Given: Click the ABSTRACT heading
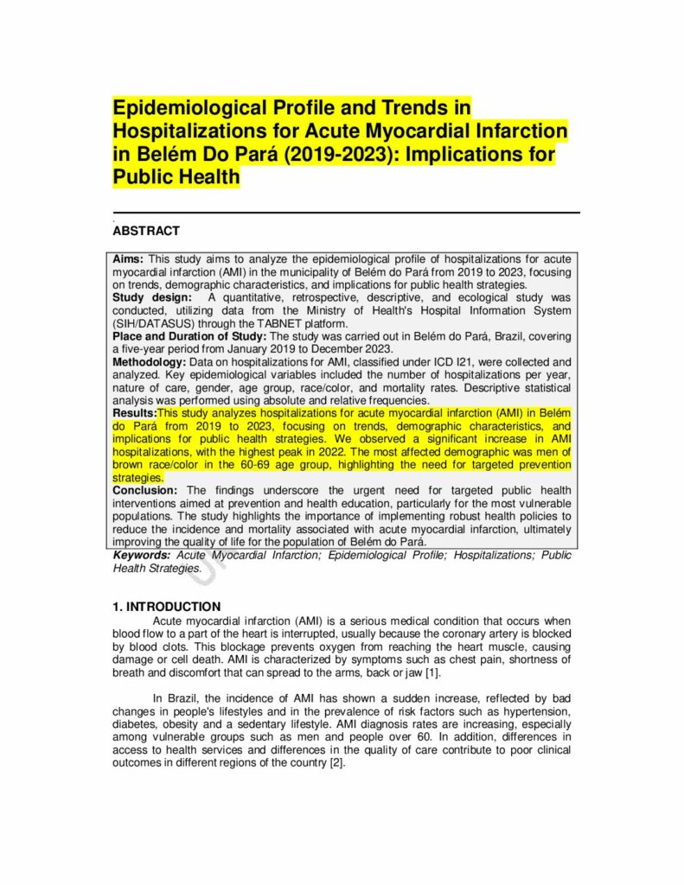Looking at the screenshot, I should point(146,231).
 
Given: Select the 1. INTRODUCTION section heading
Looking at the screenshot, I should point(166,607).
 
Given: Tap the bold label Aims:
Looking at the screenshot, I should point(129,259).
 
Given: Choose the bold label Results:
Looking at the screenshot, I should point(135,414).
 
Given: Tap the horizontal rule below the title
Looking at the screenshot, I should point(346,213).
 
